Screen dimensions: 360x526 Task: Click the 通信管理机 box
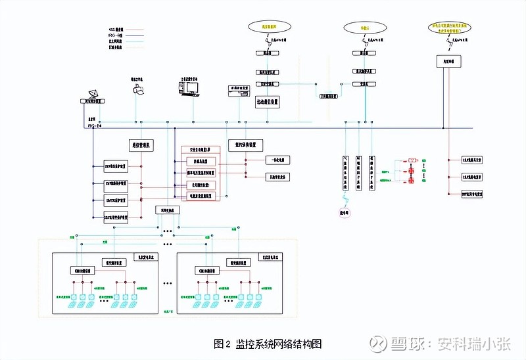click(x=140, y=143)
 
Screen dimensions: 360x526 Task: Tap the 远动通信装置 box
click(x=267, y=102)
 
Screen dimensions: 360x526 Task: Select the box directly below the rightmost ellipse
click(x=450, y=61)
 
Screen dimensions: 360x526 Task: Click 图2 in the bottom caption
click(x=222, y=344)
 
